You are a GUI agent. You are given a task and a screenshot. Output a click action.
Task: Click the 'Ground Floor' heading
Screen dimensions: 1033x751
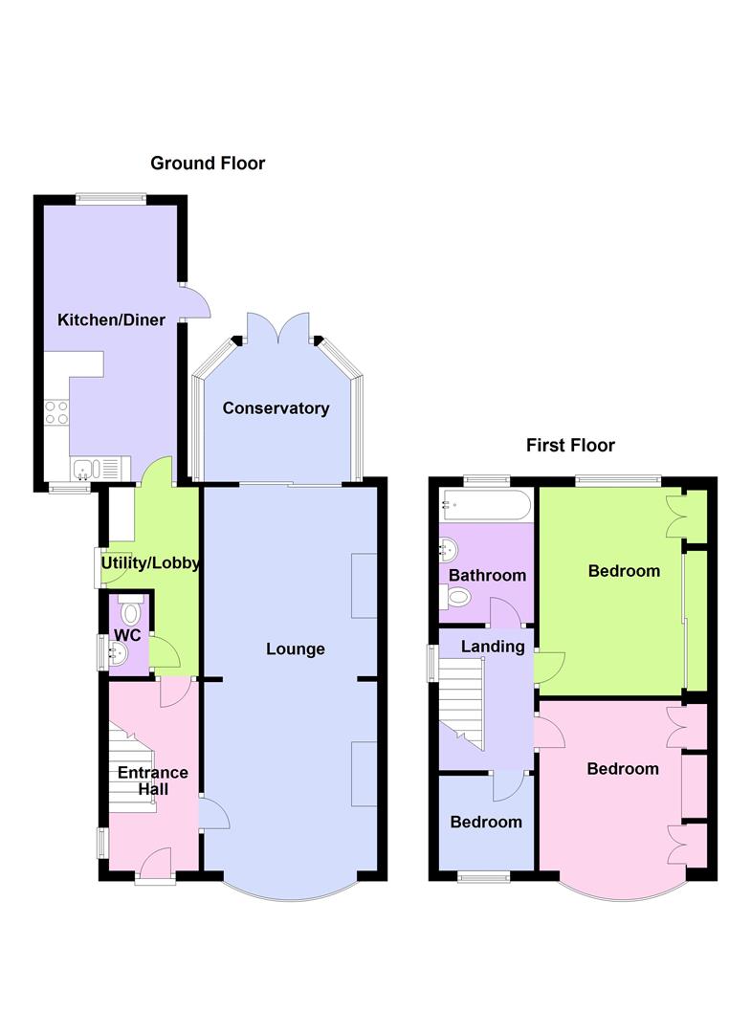(x=208, y=164)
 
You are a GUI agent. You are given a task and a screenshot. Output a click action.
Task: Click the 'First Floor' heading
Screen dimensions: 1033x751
(x=570, y=445)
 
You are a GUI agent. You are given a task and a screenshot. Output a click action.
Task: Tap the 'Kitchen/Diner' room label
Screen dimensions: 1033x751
(x=112, y=320)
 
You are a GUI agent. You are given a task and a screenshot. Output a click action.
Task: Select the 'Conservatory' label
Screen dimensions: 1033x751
(x=276, y=408)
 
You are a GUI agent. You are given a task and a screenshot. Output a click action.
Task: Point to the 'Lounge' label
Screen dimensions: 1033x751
(x=296, y=649)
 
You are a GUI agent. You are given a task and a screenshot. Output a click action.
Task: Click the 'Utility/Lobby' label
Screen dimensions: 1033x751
(x=150, y=563)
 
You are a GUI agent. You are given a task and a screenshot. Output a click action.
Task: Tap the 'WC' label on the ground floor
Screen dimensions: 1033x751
(x=127, y=635)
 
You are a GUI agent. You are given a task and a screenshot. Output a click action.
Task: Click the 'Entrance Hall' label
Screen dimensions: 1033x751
(x=152, y=780)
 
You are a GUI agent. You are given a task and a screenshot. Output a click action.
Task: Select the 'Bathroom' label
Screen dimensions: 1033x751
(x=487, y=576)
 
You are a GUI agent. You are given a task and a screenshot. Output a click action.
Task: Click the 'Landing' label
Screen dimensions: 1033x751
(x=493, y=647)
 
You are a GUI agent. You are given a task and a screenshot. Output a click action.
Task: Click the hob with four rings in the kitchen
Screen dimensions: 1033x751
(x=56, y=411)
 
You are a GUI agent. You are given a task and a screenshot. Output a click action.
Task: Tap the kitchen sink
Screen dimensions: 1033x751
(x=85, y=469)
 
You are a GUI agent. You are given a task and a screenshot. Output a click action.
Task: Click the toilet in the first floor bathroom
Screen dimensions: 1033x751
(x=459, y=598)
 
